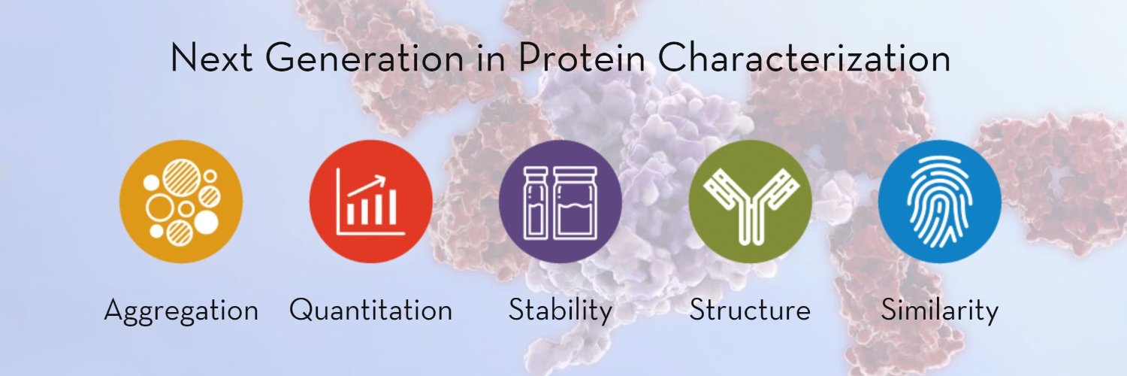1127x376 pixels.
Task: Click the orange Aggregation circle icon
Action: [181, 201]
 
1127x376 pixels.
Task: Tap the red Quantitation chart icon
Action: [371, 201]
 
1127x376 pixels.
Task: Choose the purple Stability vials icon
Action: [560, 201]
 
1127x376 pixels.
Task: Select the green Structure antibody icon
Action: [750, 201]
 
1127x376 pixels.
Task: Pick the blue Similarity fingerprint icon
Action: [939, 201]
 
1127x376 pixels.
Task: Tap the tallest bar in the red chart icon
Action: [392, 208]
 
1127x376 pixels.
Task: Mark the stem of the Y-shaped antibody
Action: [750, 226]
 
